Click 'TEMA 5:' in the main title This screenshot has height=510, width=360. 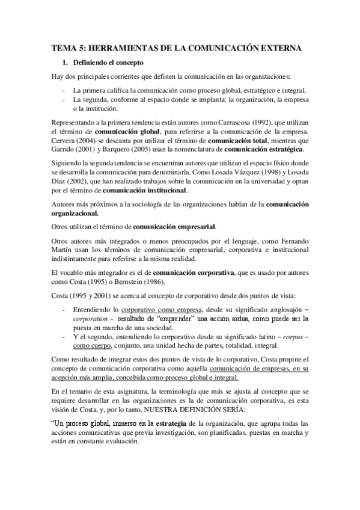(x=68, y=47)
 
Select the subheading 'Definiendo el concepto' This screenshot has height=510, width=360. (x=108, y=62)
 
